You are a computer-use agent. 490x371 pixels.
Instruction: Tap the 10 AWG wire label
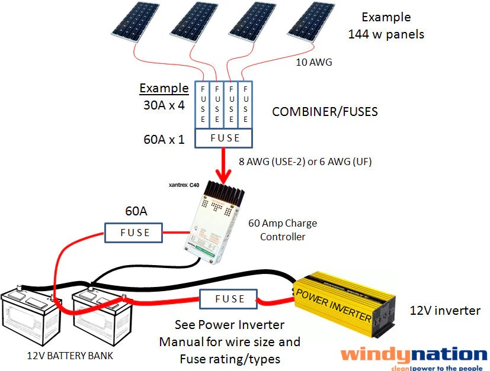[312, 61]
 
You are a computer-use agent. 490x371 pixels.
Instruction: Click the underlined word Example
[164, 88]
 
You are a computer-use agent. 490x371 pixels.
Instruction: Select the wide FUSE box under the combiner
[225, 138]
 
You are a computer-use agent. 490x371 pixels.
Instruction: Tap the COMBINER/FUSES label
[324, 111]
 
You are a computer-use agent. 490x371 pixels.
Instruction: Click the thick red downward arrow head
[224, 176]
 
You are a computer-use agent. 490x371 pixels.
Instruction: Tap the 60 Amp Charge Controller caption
[283, 230]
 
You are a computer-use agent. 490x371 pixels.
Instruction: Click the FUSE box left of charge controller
[134, 233]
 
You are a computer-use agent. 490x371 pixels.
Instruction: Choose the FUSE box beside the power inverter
[230, 299]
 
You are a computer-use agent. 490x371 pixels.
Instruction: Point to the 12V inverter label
[444, 311]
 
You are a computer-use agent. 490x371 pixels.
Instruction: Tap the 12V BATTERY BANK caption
[70, 356]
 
